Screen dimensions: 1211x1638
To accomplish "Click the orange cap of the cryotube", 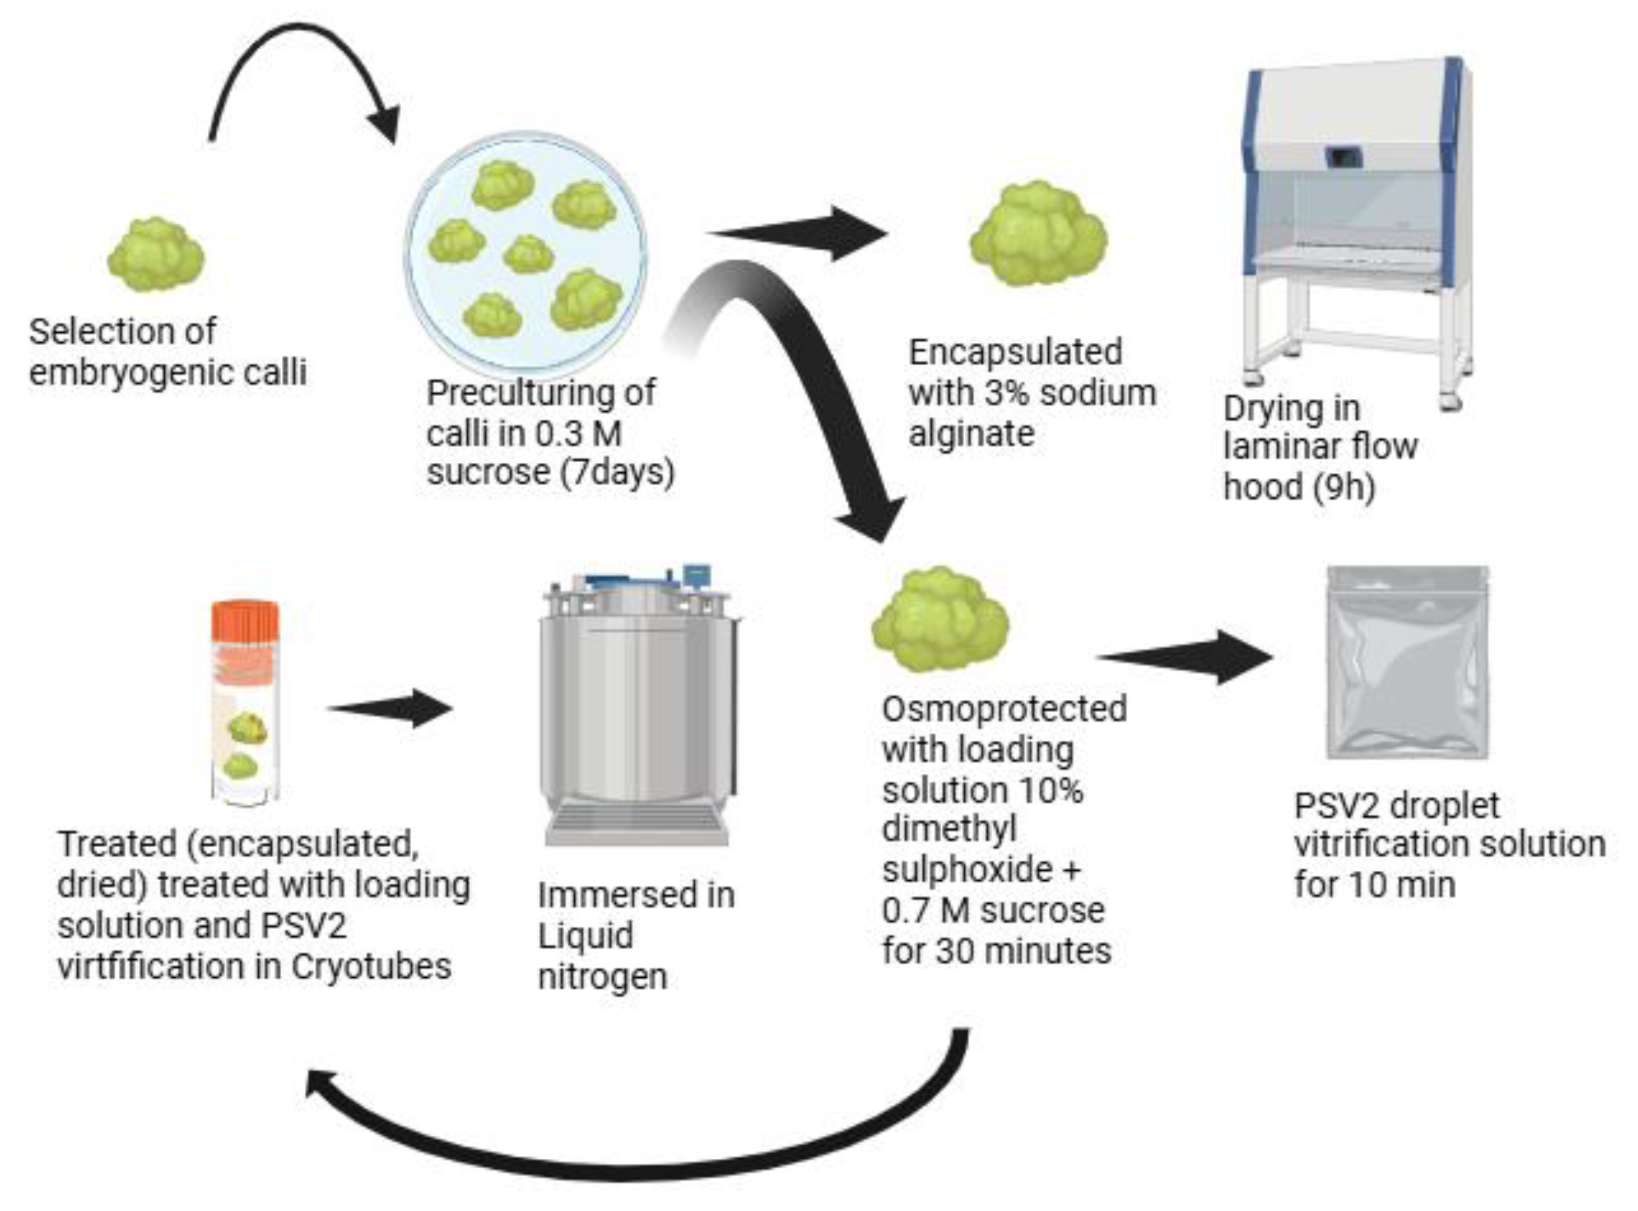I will pyautogui.click(x=246, y=624).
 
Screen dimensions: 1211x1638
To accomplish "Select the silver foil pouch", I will pyautogui.click(x=1408, y=664).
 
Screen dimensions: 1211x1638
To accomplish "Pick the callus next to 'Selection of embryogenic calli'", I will pyautogui.click(x=156, y=255).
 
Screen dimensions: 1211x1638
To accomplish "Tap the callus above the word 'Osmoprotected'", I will pyautogui.click(x=941, y=619).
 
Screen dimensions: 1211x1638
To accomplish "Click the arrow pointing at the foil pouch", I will pyautogui.click(x=1188, y=657).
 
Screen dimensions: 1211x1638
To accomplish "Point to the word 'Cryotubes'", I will pyautogui.click(x=371, y=966).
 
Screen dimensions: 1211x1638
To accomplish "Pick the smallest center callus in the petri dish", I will pyautogui.click(x=528, y=253).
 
